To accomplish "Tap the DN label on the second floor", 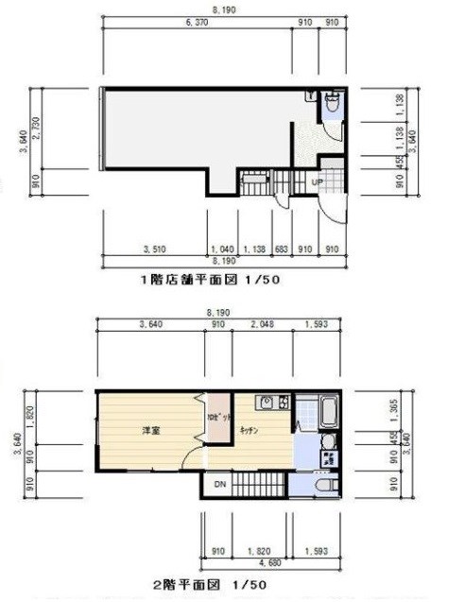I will [218, 485].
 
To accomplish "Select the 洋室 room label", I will [151, 431].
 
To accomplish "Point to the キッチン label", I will [250, 430].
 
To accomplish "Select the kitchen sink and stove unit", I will [274, 404].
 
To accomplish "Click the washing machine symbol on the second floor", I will [327, 460].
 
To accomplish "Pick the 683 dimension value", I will [281, 249].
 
